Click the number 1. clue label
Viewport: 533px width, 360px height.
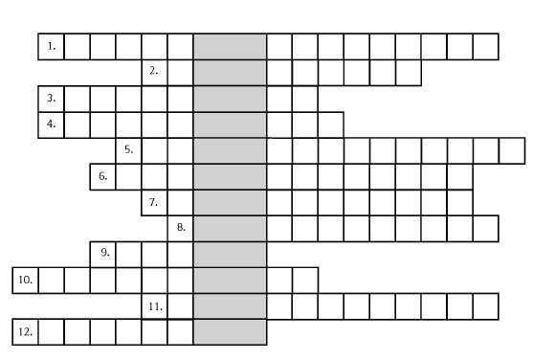tap(52, 46)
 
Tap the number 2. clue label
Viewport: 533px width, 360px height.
tap(154, 71)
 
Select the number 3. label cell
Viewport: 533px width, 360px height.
tap(52, 99)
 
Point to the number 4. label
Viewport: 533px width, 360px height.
tap(52, 124)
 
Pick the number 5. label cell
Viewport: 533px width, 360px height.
tap(129, 150)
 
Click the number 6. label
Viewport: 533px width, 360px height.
tap(103, 176)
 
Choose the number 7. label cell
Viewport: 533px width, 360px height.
tap(155, 202)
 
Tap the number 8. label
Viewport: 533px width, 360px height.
tap(181, 227)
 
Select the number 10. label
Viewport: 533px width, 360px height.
tap(26, 280)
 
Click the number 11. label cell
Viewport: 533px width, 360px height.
tap(155, 306)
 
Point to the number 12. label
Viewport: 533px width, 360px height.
tap(26, 332)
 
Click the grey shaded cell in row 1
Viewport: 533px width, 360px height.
tap(230, 47)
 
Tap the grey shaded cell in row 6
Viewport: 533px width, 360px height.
tap(230, 176)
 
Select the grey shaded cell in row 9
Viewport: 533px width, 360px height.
tap(230, 255)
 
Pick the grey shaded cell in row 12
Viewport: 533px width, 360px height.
tap(230, 332)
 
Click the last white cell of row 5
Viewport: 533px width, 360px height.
tap(512, 150)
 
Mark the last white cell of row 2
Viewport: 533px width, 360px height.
tap(409, 73)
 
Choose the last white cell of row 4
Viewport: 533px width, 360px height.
tap(331, 124)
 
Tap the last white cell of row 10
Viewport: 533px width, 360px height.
tap(305, 281)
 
